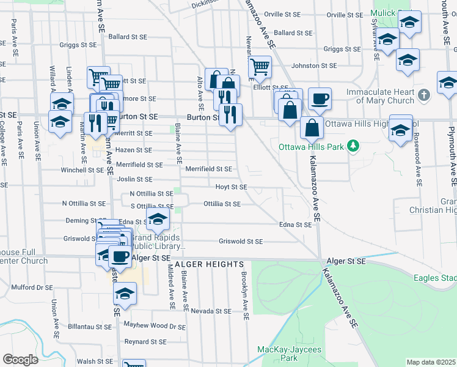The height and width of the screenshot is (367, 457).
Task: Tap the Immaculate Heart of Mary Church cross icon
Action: pyautogui.click(x=425, y=95)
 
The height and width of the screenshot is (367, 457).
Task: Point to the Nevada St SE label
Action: pyautogui.click(x=211, y=311)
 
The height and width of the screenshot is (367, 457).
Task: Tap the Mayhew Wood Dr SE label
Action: pyautogui.click(x=155, y=326)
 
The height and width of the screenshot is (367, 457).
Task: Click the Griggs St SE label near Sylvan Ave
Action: pyautogui.click(x=342, y=49)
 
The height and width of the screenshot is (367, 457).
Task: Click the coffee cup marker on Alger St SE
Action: pyautogui.click(x=120, y=256)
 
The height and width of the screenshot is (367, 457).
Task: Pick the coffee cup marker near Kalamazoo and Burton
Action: pyautogui.click(x=319, y=98)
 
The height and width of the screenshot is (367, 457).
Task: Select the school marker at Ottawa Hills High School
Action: pyautogui.click(x=401, y=130)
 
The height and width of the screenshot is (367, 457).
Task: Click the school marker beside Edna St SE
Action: pyautogui.click(x=158, y=218)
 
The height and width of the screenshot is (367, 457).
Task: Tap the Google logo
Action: pyautogui.click(x=20, y=360)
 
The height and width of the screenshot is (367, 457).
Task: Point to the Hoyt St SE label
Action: pyautogui.click(x=231, y=187)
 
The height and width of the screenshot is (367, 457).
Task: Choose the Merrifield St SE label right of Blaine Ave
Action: pyautogui.click(x=209, y=169)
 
